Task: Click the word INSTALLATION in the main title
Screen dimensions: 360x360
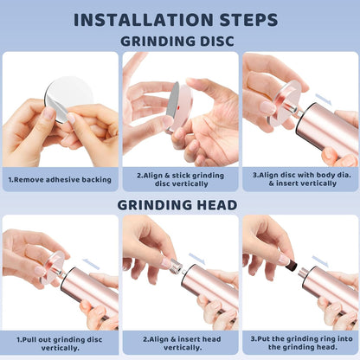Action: click(x=144, y=20)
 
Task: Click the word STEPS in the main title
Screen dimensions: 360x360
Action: click(x=248, y=20)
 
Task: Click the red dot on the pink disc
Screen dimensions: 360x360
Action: click(x=179, y=108)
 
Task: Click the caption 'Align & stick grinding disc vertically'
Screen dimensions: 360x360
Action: click(x=181, y=179)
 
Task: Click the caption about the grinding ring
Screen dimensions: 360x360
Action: click(x=302, y=343)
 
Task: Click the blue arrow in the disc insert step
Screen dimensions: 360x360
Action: click(x=324, y=99)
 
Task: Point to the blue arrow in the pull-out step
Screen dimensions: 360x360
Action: click(x=91, y=264)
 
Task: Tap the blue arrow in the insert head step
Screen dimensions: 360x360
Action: click(x=197, y=258)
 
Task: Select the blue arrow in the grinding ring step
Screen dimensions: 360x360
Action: click(x=320, y=261)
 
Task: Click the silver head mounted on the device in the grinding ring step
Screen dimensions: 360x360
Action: click(x=303, y=273)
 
